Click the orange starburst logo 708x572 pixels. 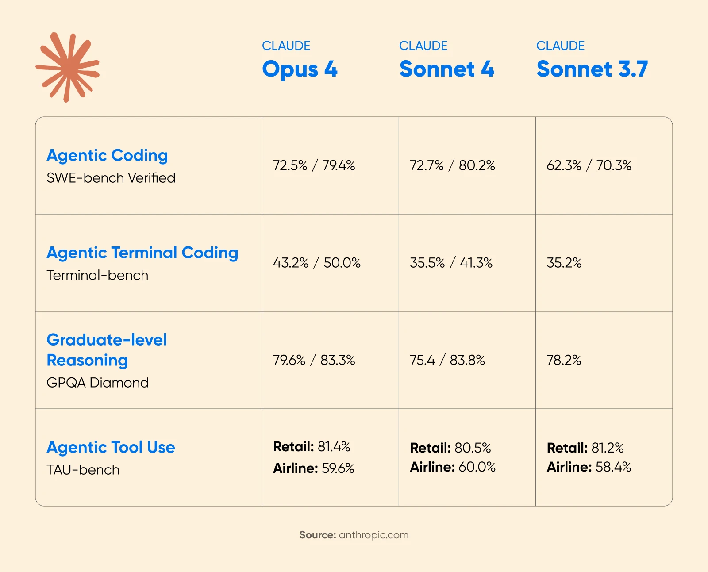pyautogui.click(x=68, y=67)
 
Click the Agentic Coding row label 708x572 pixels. pyautogui.click(x=107, y=155)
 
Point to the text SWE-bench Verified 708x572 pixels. pyautogui.click(x=111, y=178)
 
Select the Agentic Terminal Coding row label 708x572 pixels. pyautogui.click(x=142, y=253)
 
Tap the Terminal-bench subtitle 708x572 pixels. pyautogui.click(x=97, y=275)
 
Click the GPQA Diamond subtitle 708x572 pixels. pyautogui.click(x=97, y=383)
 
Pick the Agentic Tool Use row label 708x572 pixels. pyautogui.click(x=111, y=447)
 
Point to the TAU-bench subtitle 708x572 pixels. pyautogui.click(x=83, y=470)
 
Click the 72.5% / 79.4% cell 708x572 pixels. pyautogui.click(x=314, y=165)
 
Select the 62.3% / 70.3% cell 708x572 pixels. pyautogui.click(x=589, y=165)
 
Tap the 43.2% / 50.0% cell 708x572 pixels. pyautogui.click(x=316, y=263)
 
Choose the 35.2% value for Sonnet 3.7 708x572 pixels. pyautogui.click(x=564, y=263)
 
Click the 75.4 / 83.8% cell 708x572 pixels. pyautogui.click(x=447, y=360)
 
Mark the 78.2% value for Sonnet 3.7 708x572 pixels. pyautogui.click(x=564, y=360)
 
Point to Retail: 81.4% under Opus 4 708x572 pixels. pyautogui.click(x=312, y=447)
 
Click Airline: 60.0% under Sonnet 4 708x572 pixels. pyautogui.click(x=453, y=467)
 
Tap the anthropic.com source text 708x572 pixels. pyautogui.click(x=373, y=535)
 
